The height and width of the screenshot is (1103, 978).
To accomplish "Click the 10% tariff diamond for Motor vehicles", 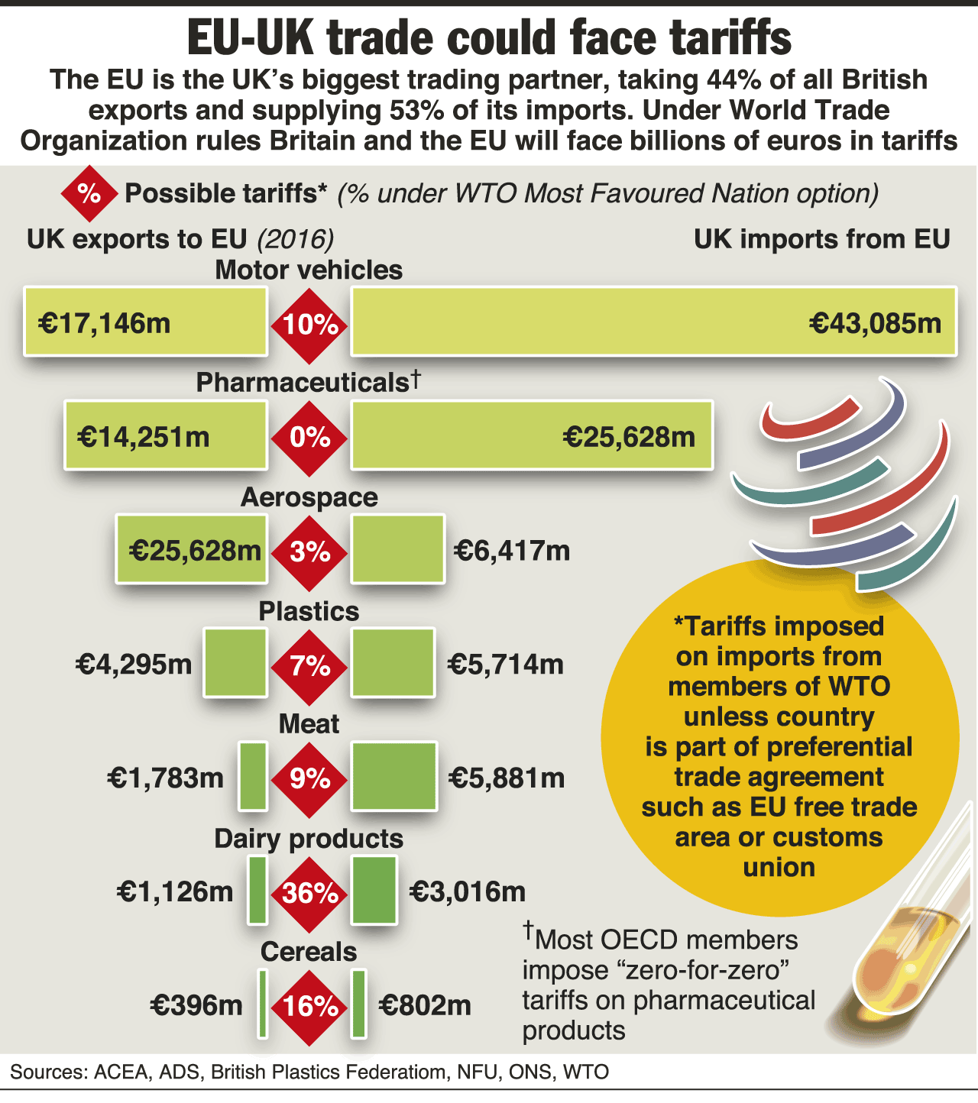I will coord(309,325).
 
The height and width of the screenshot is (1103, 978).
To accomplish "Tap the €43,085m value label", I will coord(875,323).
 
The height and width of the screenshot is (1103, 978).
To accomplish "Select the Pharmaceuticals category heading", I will coord(303,382).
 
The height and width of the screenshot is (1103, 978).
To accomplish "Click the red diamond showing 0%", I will coord(309,438).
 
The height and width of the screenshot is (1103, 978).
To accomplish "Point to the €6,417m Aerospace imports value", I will coord(512,550).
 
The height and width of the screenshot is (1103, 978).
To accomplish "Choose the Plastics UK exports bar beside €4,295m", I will coord(235,663).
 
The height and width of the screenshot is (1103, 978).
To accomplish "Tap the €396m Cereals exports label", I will coord(196,1005).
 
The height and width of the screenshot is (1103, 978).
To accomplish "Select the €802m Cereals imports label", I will coord(425,1005).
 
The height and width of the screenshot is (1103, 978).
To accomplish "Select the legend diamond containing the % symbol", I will coord(89,194).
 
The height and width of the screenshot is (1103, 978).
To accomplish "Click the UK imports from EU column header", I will coord(821,239).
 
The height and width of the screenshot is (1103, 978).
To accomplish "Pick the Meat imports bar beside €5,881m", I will coord(394,776).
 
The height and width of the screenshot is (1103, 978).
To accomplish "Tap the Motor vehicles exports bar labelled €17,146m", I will coord(145,322).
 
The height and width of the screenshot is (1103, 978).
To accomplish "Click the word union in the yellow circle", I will coord(779,868).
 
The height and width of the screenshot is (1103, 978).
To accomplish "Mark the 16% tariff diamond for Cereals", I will coord(309,1007).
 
